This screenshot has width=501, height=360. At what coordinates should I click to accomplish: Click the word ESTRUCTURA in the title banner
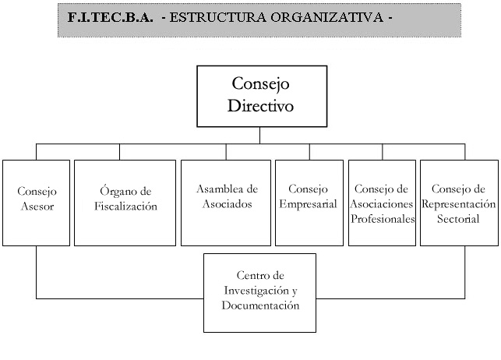tap(217, 17)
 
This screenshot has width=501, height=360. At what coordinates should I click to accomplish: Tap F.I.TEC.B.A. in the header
tap(110, 17)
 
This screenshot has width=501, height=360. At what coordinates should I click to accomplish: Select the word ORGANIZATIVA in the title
tap(327, 17)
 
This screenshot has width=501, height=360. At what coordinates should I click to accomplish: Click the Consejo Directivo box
tap(262, 97)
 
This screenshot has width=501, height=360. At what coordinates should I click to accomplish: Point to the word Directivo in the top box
tap(260, 106)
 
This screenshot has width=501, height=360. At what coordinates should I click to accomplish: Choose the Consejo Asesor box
tap(36, 203)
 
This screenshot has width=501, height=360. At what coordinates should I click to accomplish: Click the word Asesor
tap(37, 206)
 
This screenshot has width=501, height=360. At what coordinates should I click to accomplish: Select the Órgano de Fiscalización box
tap(125, 203)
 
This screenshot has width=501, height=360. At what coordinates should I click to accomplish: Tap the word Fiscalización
tap(125, 206)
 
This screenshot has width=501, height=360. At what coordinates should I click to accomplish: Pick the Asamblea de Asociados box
tap(226, 203)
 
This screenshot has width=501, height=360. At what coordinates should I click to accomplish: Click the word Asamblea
tap(215, 189)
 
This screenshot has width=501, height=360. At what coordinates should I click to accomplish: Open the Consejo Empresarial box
tap(309, 203)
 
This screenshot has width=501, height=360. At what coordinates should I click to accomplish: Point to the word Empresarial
tap(308, 204)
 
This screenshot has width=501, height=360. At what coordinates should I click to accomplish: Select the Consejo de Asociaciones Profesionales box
tap(382, 203)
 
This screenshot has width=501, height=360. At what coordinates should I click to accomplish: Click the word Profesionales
tap(383, 219)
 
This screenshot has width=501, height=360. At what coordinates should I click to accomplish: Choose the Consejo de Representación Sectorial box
tap(459, 203)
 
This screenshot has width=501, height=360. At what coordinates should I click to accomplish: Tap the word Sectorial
tap(458, 219)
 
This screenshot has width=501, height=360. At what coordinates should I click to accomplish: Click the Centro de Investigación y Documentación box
tap(259, 293)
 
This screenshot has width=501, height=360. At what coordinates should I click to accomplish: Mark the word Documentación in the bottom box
tap(260, 305)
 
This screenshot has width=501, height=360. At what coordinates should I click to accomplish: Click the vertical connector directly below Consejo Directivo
tap(259, 136)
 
